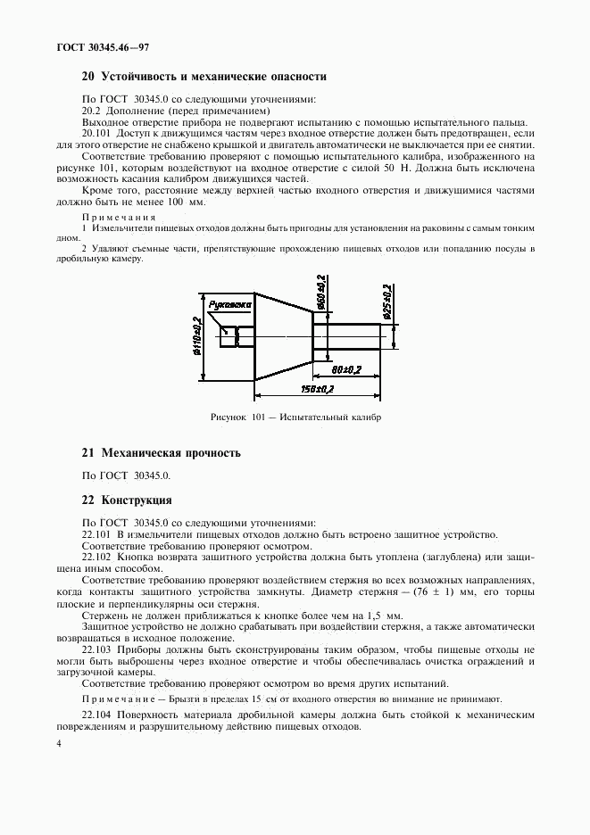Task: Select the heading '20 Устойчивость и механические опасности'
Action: point(204,78)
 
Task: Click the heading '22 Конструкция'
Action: point(126,500)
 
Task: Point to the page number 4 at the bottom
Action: point(57,743)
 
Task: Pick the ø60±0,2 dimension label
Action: point(320,291)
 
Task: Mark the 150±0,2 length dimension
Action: point(319,390)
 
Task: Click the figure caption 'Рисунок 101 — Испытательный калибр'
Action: point(295,417)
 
